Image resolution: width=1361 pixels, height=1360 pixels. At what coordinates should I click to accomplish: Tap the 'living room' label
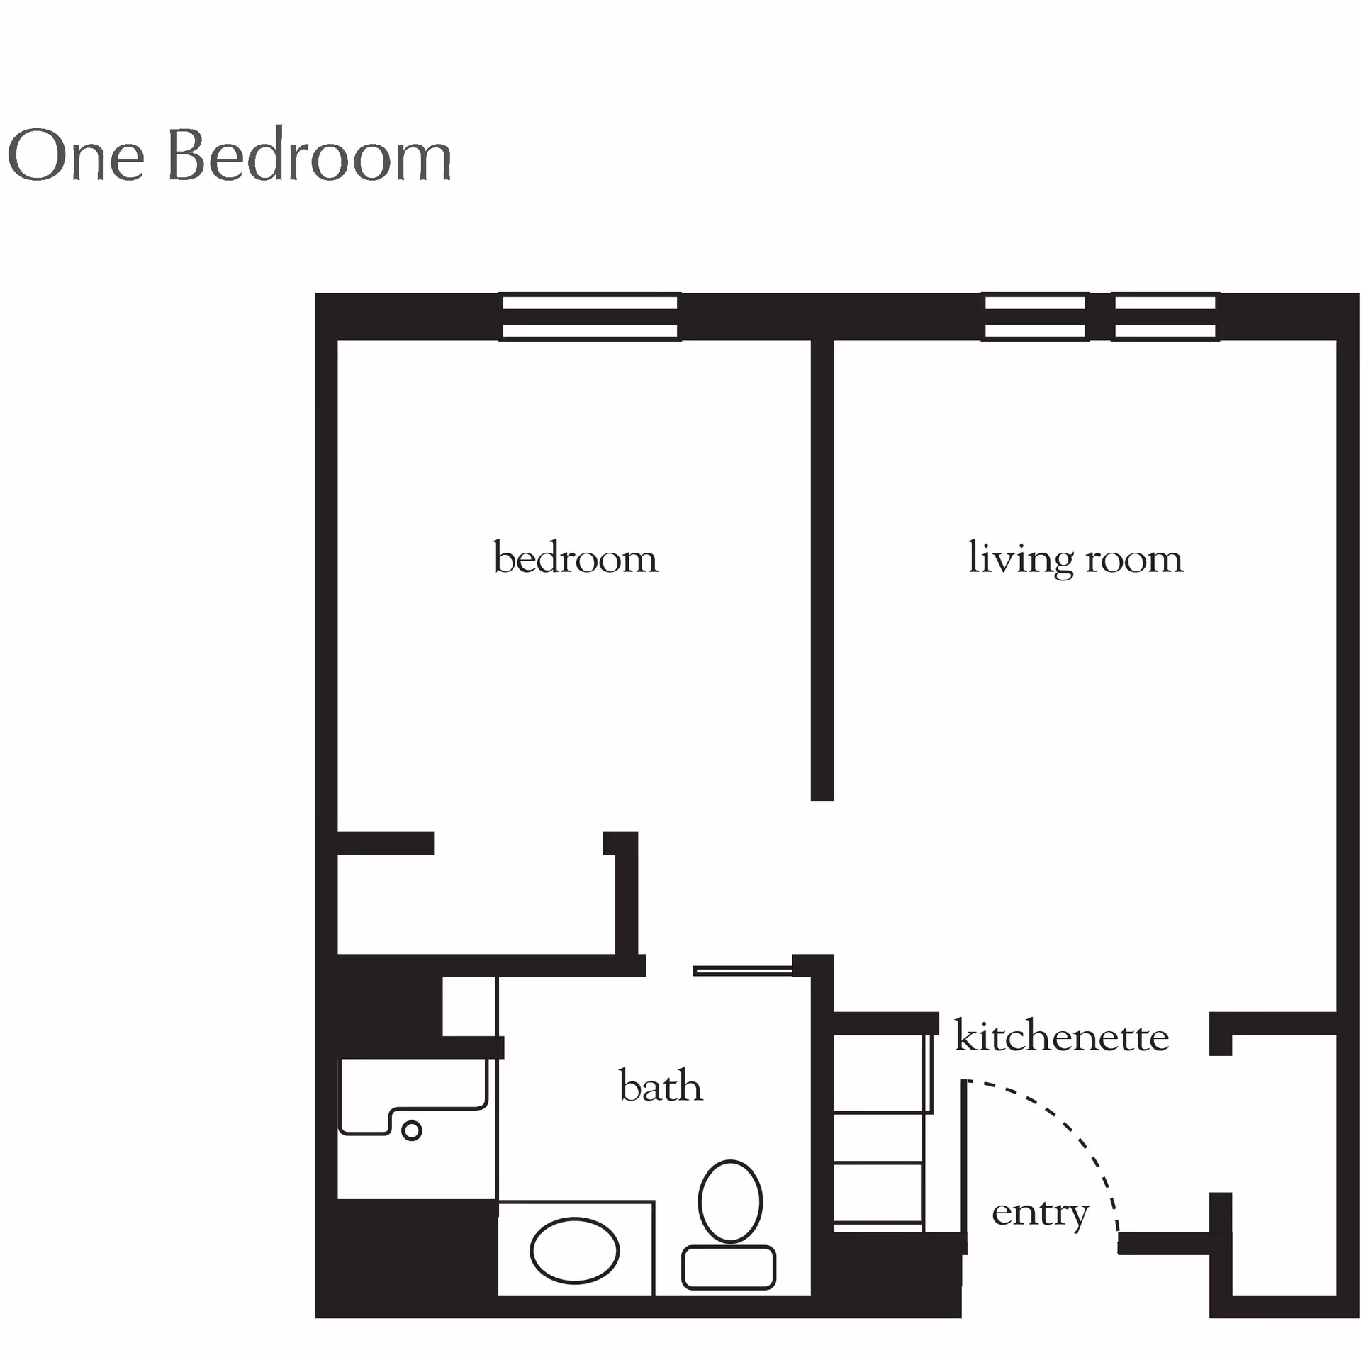1075,558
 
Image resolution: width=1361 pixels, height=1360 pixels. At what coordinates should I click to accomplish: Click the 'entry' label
1040,1213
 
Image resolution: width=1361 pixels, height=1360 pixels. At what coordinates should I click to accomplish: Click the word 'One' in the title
76,154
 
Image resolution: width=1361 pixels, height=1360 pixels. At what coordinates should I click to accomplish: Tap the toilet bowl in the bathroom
730,1201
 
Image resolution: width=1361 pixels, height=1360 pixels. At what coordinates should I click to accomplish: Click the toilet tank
729,1267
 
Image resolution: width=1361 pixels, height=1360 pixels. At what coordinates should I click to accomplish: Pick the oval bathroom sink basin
574,1251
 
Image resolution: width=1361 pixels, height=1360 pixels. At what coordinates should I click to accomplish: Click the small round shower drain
411,1130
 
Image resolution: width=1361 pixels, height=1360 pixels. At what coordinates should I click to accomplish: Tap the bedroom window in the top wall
590,317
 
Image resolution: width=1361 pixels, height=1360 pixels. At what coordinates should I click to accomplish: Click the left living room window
1035,317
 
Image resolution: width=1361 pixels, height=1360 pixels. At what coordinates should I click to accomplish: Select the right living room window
1165,317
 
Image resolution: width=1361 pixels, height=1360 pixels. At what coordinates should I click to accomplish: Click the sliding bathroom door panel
742,971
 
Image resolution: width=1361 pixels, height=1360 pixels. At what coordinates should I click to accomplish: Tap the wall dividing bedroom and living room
822,570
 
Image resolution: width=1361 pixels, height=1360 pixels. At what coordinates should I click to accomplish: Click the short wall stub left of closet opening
385,843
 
